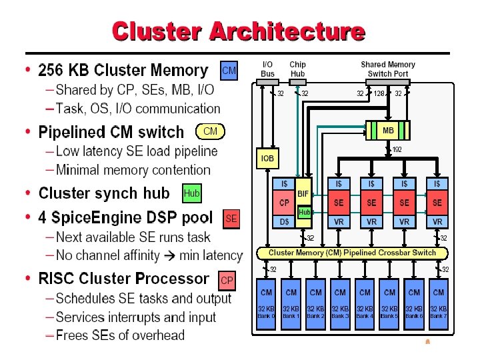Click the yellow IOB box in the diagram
point(267,159)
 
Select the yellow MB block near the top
point(388,131)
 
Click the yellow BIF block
point(303,193)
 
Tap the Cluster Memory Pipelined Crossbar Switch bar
point(352,253)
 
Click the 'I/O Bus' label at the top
point(267,69)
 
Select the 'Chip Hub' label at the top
point(297,69)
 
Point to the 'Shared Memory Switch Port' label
point(388,69)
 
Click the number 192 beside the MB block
point(397,149)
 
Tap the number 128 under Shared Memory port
point(379,93)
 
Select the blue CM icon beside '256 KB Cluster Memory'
point(229,70)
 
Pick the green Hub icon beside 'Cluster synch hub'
point(191,193)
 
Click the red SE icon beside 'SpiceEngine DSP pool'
point(231,218)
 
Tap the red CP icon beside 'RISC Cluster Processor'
point(227,281)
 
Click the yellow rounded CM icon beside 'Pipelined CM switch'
point(210,131)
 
